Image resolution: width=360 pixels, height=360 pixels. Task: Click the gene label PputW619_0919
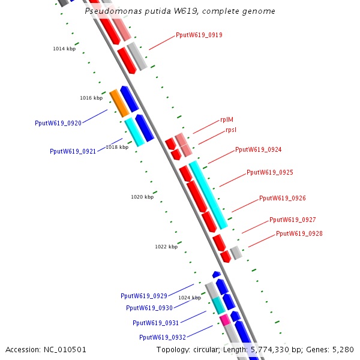pos(199,35)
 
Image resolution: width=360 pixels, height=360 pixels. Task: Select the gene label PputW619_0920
pos(58,123)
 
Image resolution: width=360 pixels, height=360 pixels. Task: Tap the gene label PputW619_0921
pos(73,152)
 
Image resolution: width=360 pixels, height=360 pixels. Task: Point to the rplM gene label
pos(227,119)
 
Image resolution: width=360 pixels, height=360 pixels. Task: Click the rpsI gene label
pos(231,130)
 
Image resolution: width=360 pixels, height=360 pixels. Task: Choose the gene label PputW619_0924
pos(258,149)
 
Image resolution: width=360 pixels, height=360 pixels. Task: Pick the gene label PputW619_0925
pos(269,172)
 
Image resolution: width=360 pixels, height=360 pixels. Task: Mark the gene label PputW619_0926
pos(283,198)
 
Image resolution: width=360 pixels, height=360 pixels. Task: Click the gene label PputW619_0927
pos(292,220)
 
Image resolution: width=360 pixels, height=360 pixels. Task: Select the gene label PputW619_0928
pos(299,233)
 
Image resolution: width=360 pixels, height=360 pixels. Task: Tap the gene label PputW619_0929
pos(144,296)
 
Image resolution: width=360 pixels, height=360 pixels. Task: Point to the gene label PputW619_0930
pos(149,308)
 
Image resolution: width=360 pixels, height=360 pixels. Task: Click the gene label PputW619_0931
pos(156,323)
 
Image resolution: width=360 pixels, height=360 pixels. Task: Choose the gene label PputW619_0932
pos(163,337)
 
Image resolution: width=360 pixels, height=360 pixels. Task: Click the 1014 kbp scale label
pos(64,49)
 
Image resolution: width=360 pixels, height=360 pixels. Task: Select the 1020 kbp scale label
pos(142,197)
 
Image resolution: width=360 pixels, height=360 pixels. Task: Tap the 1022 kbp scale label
pos(166,247)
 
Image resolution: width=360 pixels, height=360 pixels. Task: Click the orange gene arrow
pos(119,103)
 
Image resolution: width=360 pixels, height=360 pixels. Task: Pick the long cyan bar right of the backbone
pos(208,195)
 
